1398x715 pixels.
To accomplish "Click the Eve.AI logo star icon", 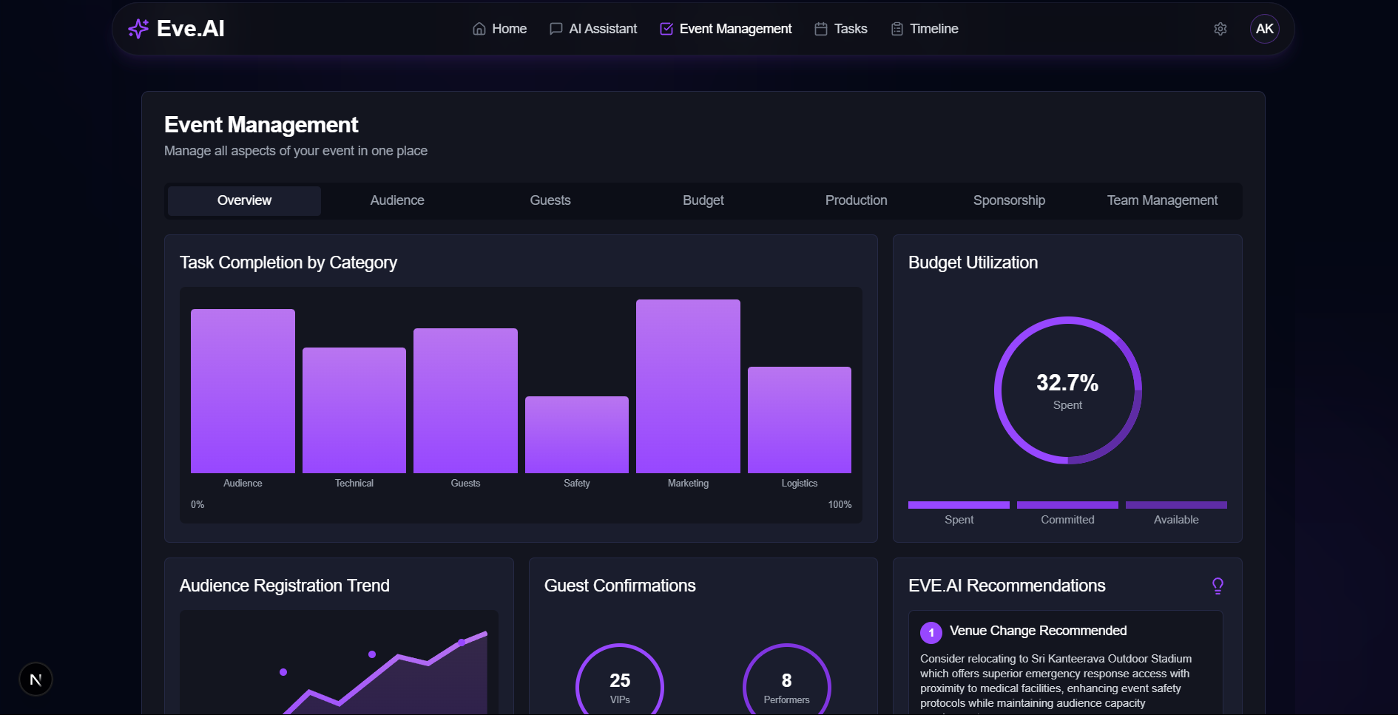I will [x=138, y=29].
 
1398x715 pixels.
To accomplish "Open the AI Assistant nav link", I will [x=593, y=29].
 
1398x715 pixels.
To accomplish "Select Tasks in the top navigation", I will [x=841, y=29].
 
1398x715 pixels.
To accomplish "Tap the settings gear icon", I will [x=1220, y=29].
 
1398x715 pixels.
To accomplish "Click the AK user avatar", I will [x=1265, y=29].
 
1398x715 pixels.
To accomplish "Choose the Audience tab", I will [x=397, y=200].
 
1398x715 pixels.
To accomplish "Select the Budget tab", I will [x=703, y=200].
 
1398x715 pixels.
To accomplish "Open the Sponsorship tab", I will [x=1009, y=200].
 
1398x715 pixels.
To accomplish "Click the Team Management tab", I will [x=1162, y=200].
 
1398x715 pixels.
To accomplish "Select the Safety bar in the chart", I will [x=577, y=435].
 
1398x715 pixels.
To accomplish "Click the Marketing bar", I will [x=688, y=386].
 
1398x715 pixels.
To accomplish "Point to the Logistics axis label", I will [x=800, y=484].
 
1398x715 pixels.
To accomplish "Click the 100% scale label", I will [x=840, y=505].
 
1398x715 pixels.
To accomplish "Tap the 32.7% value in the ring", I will [x=1067, y=383].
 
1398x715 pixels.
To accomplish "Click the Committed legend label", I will [x=1067, y=520].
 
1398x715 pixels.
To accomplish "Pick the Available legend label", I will [x=1176, y=520].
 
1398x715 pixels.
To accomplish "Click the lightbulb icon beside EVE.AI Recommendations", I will [x=1218, y=586].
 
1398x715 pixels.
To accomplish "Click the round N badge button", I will [x=36, y=680].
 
